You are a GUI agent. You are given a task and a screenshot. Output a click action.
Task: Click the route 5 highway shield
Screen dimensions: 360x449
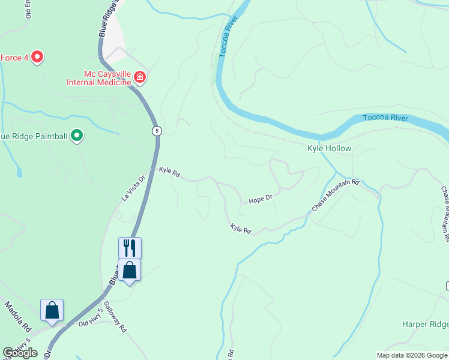(x=157, y=131)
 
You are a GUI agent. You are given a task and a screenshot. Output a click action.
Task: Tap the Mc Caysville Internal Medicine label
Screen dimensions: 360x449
(x=100, y=77)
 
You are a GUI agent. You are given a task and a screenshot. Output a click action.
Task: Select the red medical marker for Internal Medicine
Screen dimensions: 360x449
(x=140, y=77)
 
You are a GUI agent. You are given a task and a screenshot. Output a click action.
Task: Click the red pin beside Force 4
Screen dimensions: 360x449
(x=37, y=57)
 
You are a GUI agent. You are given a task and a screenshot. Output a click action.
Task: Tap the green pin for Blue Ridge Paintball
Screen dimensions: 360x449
(x=77, y=136)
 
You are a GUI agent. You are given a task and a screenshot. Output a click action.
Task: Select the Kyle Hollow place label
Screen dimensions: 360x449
(x=329, y=148)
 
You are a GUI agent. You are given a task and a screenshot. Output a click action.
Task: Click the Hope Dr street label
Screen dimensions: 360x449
(x=261, y=198)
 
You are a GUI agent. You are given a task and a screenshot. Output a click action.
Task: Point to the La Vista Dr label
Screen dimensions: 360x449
(x=133, y=187)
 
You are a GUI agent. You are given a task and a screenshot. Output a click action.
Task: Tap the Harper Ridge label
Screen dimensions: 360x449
(x=425, y=325)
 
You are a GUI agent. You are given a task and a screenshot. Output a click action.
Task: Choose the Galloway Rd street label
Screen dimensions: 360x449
(x=115, y=317)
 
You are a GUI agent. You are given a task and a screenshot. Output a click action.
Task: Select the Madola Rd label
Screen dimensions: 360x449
(x=18, y=318)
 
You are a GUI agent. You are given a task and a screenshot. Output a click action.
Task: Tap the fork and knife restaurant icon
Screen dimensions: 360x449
(x=130, y=248)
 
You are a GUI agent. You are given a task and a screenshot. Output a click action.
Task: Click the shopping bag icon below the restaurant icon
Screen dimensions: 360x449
(x=129, y=271)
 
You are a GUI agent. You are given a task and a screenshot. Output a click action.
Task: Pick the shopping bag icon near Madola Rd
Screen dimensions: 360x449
(x=52, y=311)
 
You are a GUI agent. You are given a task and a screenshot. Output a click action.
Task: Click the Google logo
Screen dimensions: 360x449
(x=20, y=353)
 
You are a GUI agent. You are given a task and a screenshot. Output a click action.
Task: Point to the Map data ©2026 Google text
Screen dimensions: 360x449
(x=412, y=355)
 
